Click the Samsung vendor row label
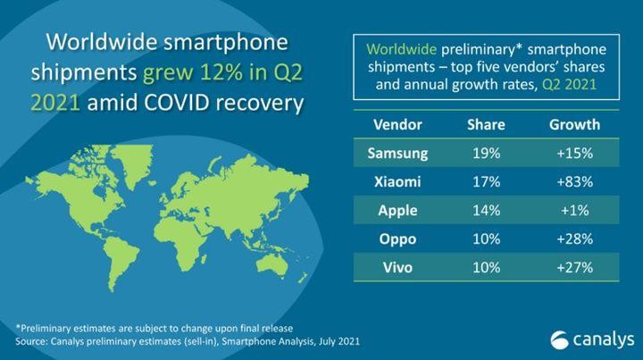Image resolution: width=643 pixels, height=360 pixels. (397, 153)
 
